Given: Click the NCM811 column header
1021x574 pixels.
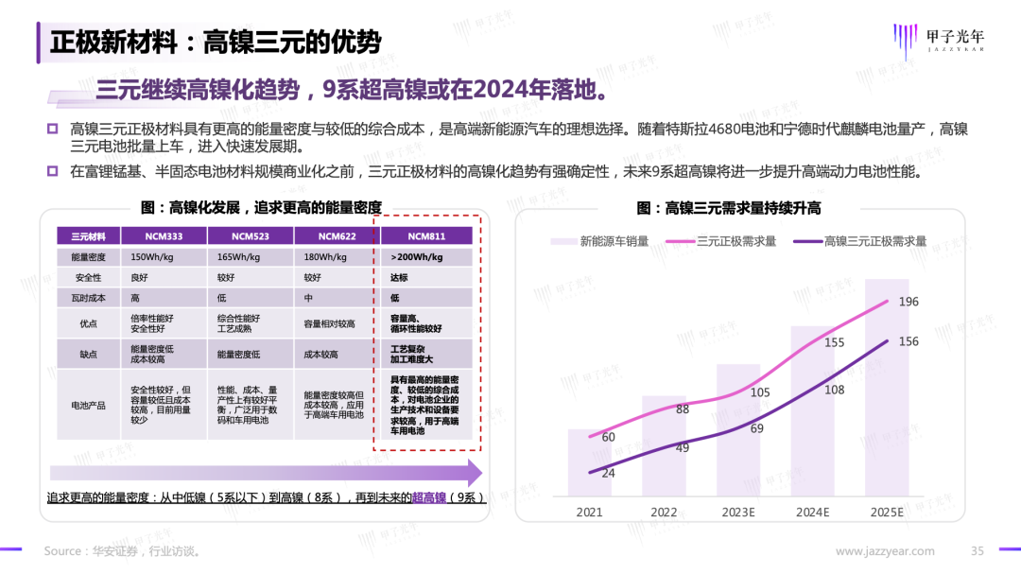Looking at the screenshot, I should point(426,235).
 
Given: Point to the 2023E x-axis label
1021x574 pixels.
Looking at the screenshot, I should point(737,513).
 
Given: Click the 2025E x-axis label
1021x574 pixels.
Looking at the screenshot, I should point(886,513).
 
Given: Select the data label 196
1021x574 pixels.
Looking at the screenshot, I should point(909,302).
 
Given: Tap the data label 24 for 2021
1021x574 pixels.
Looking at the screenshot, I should point(609,473).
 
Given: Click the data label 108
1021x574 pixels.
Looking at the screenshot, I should point(834,390).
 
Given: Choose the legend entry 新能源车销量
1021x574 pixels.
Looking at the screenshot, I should point(598,241).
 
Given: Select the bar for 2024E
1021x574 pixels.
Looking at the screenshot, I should point(812,411).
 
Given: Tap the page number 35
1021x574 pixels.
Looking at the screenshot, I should point(978,551).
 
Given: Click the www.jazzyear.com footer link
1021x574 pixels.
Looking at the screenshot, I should point(885,551).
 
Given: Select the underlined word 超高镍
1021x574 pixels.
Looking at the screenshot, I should point(428,497).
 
